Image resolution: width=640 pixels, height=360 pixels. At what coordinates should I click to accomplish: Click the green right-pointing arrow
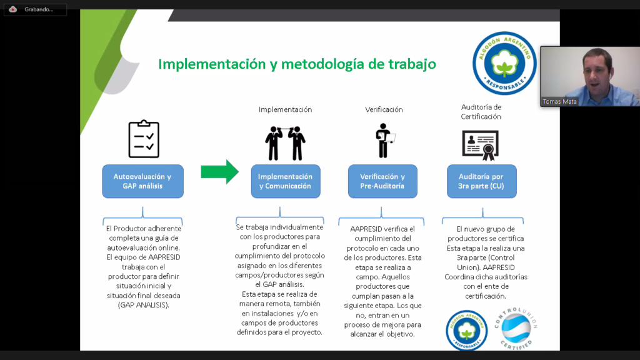[x=219, y=172]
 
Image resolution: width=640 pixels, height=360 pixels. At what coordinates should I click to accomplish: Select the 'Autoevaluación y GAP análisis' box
[x=142, y=181]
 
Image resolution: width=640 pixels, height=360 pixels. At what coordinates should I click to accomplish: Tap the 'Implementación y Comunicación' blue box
[x=285, y=181]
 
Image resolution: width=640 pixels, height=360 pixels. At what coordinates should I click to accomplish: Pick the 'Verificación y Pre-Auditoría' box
[x=382, y=181]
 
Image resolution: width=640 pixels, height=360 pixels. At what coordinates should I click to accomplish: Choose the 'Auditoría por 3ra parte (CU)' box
[x=481, y=181]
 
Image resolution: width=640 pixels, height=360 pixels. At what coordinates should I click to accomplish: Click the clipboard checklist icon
[x=144, y=138]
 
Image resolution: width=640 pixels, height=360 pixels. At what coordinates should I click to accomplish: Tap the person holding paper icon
[x=384, y=141]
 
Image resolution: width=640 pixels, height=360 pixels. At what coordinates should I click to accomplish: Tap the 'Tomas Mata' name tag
[x=560, y=101]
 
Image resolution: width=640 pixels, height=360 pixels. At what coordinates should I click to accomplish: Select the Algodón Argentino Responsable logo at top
[x=504, y=63]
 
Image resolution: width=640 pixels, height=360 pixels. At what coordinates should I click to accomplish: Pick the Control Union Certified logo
[x=516, y=329]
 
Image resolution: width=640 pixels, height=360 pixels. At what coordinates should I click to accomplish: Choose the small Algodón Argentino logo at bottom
[x=466, y=329]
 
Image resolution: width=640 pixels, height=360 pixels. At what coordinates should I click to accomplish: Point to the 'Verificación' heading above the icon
[x=384, y=109]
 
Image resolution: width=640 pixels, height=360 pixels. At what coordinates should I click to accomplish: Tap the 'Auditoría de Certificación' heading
[x=481, y=112]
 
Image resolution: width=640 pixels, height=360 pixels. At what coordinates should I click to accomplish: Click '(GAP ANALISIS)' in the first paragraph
[x=142, y=304]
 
